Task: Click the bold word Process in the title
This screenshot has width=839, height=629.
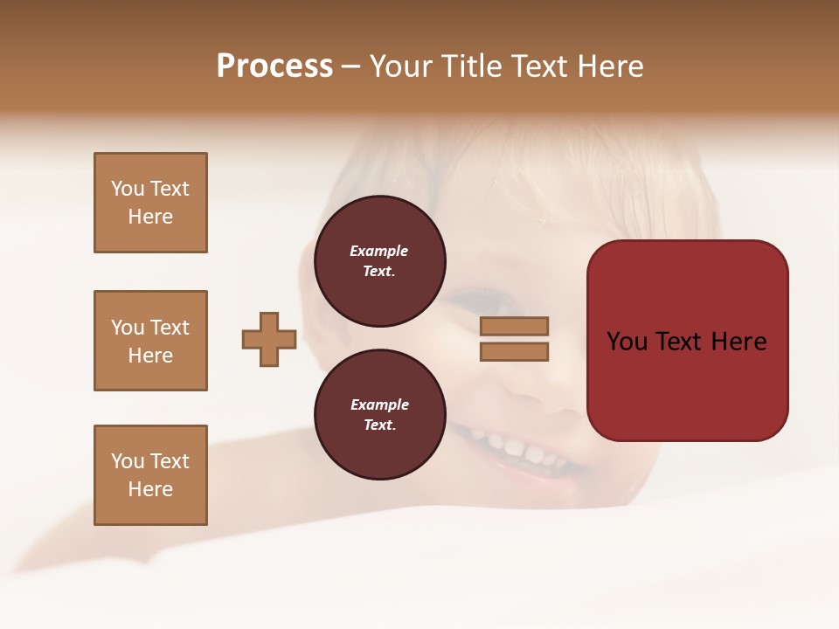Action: tap(274, 66)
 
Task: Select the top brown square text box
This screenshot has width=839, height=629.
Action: tap(150, 203)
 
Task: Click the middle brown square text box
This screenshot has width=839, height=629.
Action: tap(150, 341)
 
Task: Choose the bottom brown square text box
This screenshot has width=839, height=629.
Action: tap(150, 475)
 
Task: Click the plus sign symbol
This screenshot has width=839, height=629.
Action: tap(269, 340)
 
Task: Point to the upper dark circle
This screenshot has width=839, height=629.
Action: tap(379, 261)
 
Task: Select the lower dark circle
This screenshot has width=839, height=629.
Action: tap(379, 415)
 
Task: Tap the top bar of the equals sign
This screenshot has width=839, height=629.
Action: tap(514, 326)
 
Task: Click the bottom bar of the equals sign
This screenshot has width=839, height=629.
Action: tap(514, 352)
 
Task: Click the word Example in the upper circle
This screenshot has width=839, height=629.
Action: tap(379, 251)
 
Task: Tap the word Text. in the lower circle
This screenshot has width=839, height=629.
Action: tap(379, 425)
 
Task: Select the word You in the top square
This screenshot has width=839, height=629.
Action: tap(128, 189)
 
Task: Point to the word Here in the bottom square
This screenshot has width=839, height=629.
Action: tap(150, 489)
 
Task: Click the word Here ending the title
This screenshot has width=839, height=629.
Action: tap(611, 66)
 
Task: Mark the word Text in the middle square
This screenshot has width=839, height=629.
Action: tap(170, 328)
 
